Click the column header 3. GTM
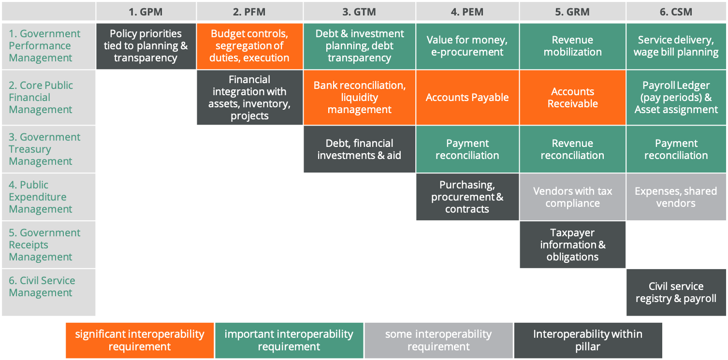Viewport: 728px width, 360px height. pyautogui.click(x=359, y=12)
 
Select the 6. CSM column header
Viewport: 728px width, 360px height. pyautogui.click(x=676, y=12)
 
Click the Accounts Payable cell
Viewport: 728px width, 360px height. pyautogui.click(x=467, y=98)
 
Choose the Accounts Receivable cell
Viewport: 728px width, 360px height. pyautogui.click(x=572, y=98)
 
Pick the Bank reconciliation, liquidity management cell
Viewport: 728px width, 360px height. pyautogui.click(x=359, y=98)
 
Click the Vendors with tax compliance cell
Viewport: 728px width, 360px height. pyautogui.click(x=572, y=197)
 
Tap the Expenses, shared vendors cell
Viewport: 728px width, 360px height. pyautogui.click(x=676, y=197)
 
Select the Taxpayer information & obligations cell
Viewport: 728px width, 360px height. pyautogui.click(x=572, y=245)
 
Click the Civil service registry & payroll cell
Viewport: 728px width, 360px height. pyautogui.click(x=676, y=292)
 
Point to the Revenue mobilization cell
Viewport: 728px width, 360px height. pyautogui.click(x=572, y=46)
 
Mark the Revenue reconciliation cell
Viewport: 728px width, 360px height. pyautogui.click(x=572, y=149)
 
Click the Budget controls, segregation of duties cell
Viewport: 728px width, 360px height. pyautogui.click(x=250, y=46)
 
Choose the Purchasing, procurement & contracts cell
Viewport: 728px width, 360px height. pyautogui.click(x=467, y=197)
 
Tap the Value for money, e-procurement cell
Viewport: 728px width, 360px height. pyautogui.click(x=467, y=46)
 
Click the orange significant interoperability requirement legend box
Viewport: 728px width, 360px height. pyautogui.click(x=140, y=340)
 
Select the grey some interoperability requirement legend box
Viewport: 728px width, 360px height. pyautogui.click(x=438, y=340)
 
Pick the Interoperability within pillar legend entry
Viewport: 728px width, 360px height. pyautogui.click(x=588, y=340)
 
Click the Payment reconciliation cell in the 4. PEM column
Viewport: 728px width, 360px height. pyautogui.click(x=467, y=149)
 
